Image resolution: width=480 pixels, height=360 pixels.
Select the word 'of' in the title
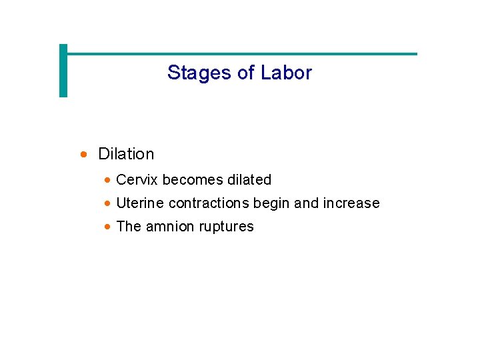[245, 73]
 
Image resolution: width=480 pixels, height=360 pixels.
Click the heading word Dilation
[126, 154]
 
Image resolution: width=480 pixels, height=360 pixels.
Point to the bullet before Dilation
[83, 155]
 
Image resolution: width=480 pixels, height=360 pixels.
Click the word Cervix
[137, 180]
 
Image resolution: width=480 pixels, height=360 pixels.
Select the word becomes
[193, 180]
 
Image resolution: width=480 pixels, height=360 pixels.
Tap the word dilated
[249, 180]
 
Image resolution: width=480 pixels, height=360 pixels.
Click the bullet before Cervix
[107, 180]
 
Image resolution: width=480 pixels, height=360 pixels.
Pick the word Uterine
[140, 203]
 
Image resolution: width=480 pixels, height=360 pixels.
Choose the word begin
[272, 204]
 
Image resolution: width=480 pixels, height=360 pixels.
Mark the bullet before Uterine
[107, 203]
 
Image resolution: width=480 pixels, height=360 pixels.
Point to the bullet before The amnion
[107, 227]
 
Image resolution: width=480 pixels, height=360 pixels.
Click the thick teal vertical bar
[63, 71]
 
